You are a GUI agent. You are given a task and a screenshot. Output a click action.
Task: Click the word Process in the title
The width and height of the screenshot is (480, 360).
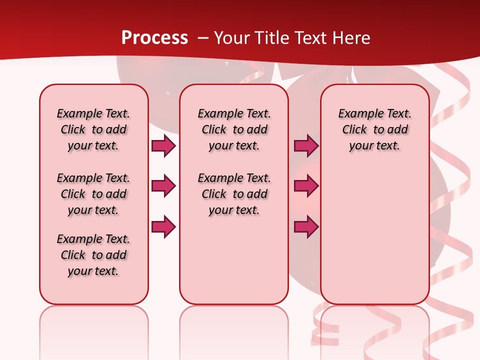(x=154, y=37)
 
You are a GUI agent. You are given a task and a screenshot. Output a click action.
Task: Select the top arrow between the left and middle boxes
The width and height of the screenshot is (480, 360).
(x=163, y=145)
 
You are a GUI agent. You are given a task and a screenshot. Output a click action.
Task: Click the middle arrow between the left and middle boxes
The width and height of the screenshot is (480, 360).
(x=163, y=186)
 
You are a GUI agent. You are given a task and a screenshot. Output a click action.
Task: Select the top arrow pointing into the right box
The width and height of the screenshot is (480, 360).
(x=306, y=145)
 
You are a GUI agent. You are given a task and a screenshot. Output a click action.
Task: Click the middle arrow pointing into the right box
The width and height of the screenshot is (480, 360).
(x=306, y=186)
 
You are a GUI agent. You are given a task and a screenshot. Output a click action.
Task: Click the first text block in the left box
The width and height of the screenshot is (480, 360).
(x=93, y=129)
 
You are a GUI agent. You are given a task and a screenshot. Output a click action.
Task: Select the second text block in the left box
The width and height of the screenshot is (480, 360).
(x=93, y=194)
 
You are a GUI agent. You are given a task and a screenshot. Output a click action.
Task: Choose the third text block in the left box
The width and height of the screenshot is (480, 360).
(x=93, y=255)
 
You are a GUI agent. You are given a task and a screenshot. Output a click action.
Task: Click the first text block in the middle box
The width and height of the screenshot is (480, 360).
(x=234, y=129)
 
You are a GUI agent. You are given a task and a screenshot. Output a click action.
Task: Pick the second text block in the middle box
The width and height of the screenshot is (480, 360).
(x=234, y=194)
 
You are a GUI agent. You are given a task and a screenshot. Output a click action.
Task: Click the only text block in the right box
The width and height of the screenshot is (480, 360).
(x=374, y=129)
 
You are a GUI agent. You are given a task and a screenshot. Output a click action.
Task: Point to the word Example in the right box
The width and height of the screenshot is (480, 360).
(x=357, y=114)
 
